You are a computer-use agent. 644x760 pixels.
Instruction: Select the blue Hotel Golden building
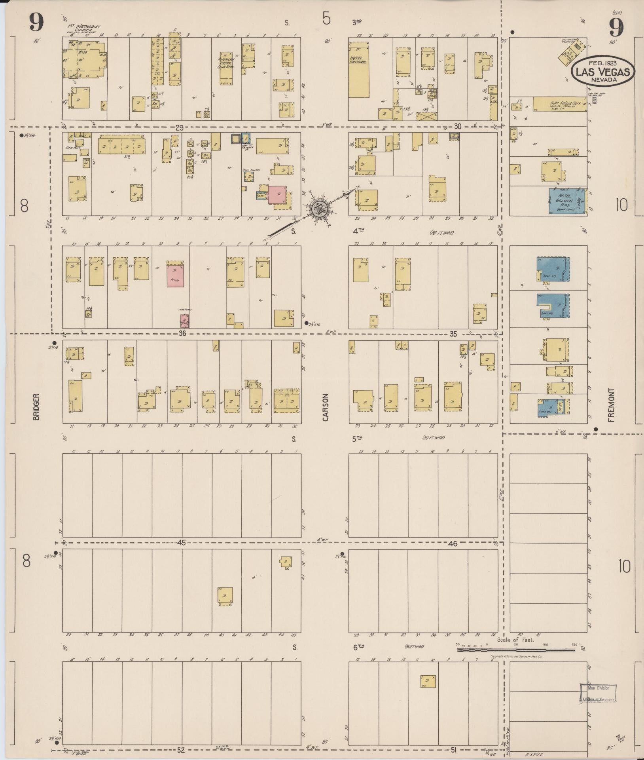(x=567, y=201)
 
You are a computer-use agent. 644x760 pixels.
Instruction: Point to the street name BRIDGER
(x=36, y=407)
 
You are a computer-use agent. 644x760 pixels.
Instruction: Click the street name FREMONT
(x=612, y=405)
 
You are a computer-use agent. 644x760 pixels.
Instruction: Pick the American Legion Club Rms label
(x=226, y=62)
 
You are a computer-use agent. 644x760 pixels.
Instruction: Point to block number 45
(x=181, y=543)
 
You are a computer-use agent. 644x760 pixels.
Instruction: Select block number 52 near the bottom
(x=181, y=750)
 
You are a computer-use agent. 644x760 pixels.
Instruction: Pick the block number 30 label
(x=458, y=127)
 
